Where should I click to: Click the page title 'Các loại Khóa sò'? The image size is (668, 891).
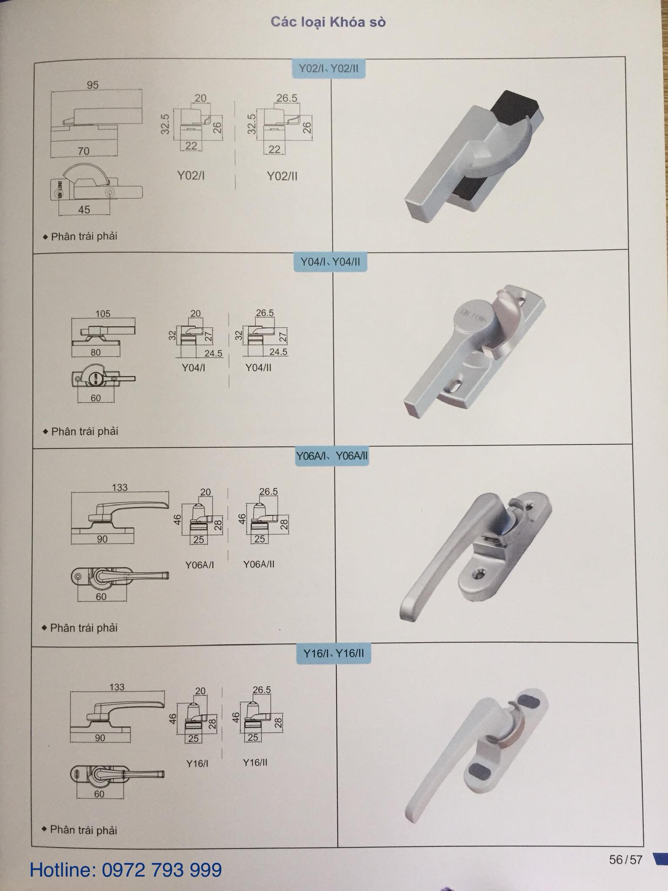[x=328, y=22]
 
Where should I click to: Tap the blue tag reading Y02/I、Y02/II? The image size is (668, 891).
[x=329, y=68]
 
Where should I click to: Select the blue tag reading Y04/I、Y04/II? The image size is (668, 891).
[x=330, y=262]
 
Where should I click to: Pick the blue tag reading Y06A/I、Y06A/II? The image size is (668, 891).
[x=332, y=456]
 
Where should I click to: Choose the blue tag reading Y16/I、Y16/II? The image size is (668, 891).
[x=334, y=653]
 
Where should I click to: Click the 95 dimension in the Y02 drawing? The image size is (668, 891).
[x=93, y=85]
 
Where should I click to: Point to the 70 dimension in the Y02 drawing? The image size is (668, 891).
[x=83, y=151]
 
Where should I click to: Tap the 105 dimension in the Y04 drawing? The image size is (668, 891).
[x=103, y=313]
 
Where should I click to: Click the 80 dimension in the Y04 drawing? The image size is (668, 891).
[x=96, y=352]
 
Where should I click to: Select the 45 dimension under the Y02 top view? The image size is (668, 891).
[x=84, y=210]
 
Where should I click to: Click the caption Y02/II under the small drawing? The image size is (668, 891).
[x=282, y=176]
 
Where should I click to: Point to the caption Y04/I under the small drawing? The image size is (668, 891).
[x=194, y=368]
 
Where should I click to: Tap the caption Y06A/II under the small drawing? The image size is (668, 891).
[x=259, y=564]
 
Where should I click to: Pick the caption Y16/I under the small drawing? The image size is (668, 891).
[x=197, y=764]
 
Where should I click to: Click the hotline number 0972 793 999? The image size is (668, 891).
[x=162, y=870]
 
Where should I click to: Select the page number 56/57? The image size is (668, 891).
[x=625, y=860]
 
